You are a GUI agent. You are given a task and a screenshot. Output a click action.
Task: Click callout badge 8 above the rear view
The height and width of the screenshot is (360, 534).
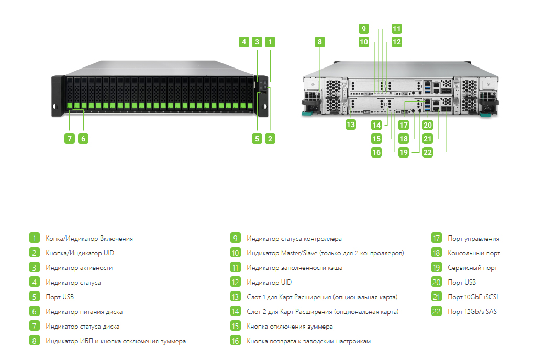319,42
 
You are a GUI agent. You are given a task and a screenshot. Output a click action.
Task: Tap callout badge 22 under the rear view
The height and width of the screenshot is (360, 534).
427,152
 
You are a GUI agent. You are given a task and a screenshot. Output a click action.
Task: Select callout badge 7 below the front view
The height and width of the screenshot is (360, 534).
70,139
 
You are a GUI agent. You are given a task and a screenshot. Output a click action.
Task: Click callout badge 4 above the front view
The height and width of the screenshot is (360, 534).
243,42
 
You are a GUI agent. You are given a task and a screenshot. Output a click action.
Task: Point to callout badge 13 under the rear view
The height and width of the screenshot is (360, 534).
350,125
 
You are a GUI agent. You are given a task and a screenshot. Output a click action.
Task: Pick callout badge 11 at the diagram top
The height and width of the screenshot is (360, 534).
396,29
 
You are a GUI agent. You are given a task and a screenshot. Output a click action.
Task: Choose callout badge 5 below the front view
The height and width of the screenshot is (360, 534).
257,139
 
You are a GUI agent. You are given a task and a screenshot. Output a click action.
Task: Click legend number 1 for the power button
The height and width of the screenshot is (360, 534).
35,238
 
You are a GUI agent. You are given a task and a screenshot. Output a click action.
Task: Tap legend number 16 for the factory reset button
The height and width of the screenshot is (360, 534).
236,341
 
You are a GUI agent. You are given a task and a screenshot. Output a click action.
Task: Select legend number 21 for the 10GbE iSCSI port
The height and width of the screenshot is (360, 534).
436,297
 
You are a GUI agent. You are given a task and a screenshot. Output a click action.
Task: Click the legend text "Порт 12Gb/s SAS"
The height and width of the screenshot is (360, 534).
472,311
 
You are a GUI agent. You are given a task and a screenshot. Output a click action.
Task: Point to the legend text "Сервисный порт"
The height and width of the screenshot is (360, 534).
472,268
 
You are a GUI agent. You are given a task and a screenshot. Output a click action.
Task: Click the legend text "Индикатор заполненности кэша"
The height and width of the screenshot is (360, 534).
295,268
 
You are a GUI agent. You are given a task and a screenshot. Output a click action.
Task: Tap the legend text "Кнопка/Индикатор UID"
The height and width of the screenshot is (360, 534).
80,253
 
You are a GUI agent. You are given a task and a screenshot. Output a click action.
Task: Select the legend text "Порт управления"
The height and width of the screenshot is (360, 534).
473,239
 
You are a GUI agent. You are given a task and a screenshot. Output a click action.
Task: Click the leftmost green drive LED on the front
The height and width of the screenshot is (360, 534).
70,106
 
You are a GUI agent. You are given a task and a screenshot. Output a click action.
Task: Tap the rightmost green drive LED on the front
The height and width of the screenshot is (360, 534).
250,106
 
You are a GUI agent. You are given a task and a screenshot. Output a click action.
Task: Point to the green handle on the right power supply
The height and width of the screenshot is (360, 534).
485,115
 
